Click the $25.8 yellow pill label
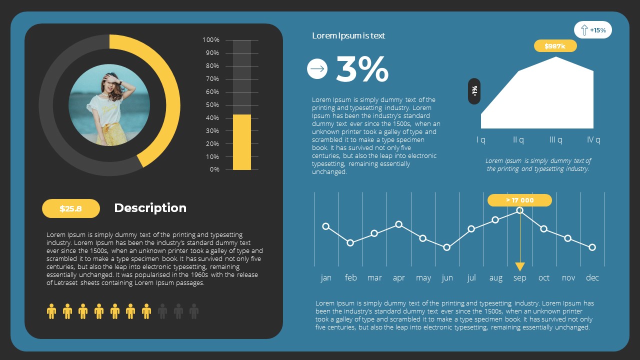(x=70, y=208)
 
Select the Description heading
(x=150, y=208)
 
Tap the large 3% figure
(x=362, y=69)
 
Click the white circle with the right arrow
(x=317, y=69)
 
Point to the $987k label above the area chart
(x=555, y=46)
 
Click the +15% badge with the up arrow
(x=592, y=30)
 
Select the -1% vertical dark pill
(x=474, y=91)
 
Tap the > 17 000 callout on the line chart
(x=519, y=200)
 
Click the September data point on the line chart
(x=520, y=210)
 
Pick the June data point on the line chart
(x=447, y=247)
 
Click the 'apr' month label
(x=399, y=278)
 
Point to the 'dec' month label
(x=592, y=278)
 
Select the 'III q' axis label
(x=556, y=140)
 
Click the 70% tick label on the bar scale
(x=211, y=79)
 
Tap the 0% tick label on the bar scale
(x=214, y=169)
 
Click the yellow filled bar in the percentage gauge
(x=242, y=142)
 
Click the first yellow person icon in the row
(x=51, y=311)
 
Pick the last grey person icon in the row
(x=194, y=311)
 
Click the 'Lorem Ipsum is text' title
(x=348, y=35)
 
